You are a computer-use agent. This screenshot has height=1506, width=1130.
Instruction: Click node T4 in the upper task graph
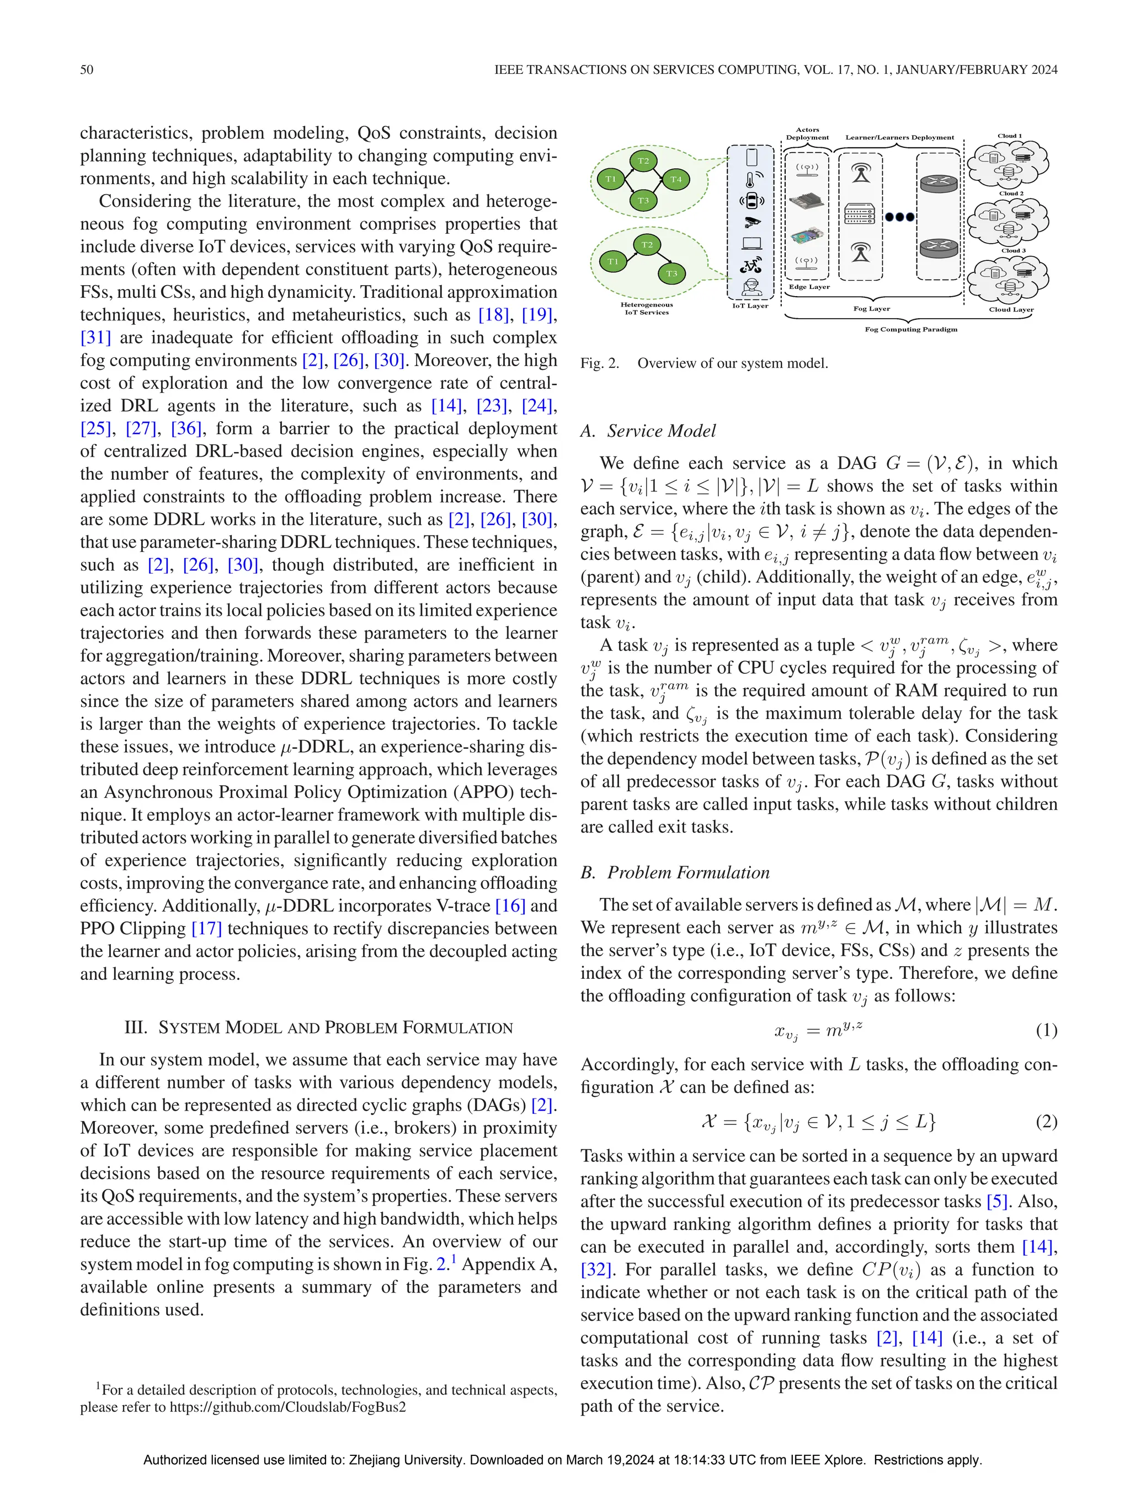[x=676, y=180]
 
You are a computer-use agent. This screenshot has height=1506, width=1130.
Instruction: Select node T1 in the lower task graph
[x=613, y=261]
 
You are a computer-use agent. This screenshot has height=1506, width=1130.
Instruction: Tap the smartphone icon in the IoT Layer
[x=751, y=158]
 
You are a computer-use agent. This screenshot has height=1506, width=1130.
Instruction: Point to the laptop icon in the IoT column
[x=751, y=244]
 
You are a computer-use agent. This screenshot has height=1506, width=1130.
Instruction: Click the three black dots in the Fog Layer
[x=899, y=217]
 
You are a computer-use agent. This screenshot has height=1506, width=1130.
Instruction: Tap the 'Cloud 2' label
[x=1011, y=194]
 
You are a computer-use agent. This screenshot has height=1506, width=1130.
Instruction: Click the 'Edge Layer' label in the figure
[x=808, y=287]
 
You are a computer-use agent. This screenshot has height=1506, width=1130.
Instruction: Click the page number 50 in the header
[x=87, y=69]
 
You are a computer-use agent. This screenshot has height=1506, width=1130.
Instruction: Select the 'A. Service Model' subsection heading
[x=648, y=431]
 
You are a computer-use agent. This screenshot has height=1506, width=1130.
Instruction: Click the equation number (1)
[x=1046, y=1030]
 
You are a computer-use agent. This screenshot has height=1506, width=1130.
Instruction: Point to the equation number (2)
[x=1046, y=1121]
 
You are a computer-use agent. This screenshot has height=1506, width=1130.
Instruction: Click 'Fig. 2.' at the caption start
[x=599, y=363]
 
